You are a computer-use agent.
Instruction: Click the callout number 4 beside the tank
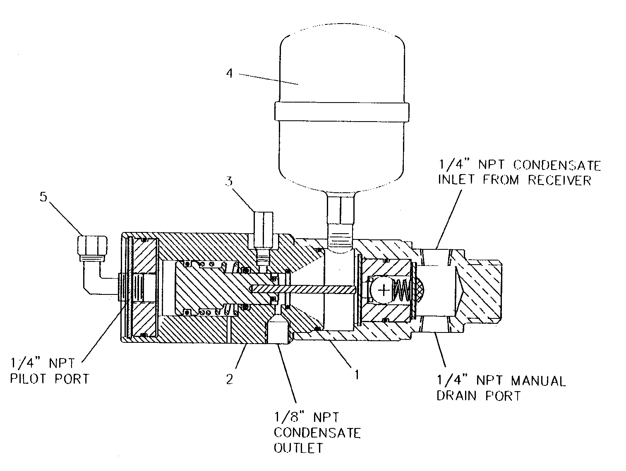click(x=230, y=74)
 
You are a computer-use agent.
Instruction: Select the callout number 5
click(x=43, y=197)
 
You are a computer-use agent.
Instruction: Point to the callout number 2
click(x=230, y=379)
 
